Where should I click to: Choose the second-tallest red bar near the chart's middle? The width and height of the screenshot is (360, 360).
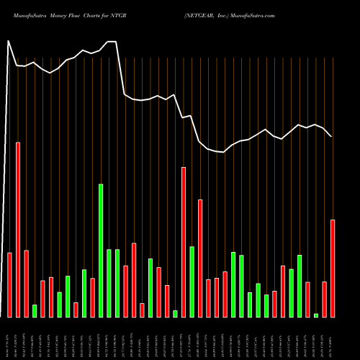coord(184,241)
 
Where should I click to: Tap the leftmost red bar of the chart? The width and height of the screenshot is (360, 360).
coord(10,284)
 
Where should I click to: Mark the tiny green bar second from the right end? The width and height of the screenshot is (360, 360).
coord(316,315)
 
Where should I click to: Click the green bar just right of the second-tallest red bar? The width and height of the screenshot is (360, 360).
coord(192,281)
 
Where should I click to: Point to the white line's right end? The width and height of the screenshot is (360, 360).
coord(331,136)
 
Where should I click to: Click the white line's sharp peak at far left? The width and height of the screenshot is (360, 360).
coord(9,41)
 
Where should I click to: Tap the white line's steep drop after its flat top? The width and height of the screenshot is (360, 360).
coord(121,68)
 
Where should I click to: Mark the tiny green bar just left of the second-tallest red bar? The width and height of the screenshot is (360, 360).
coord(175,313)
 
